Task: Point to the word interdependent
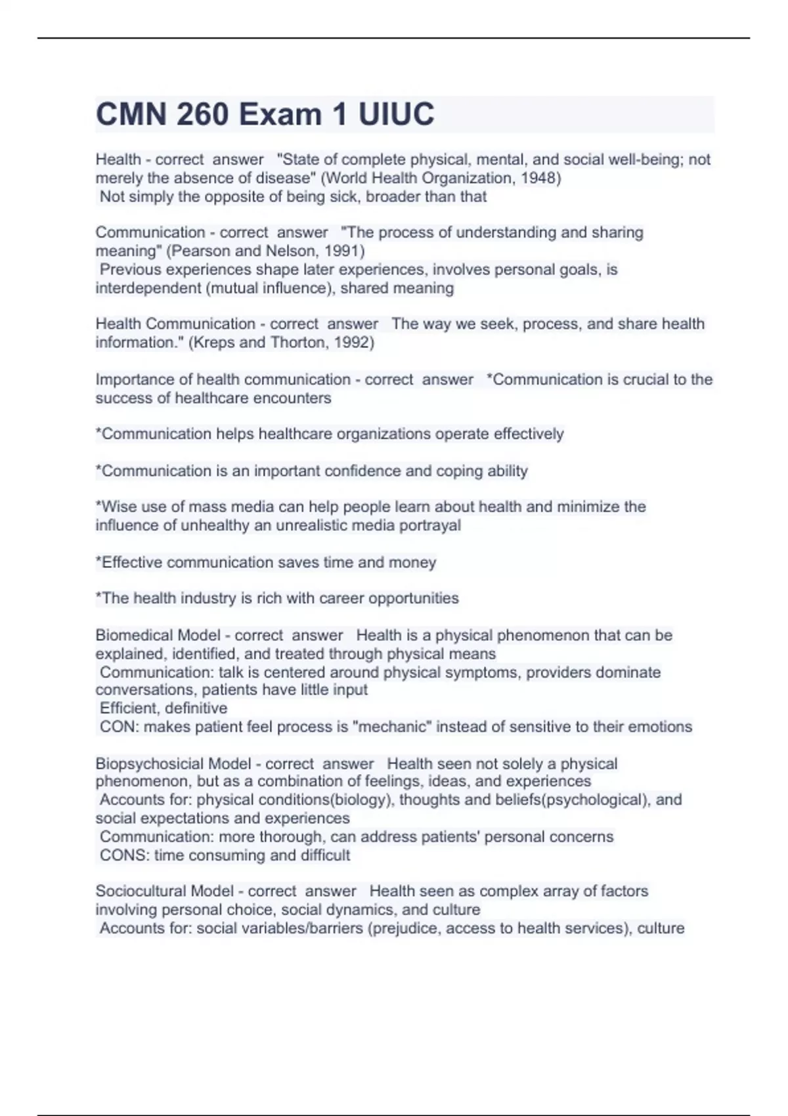pos(148,288)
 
